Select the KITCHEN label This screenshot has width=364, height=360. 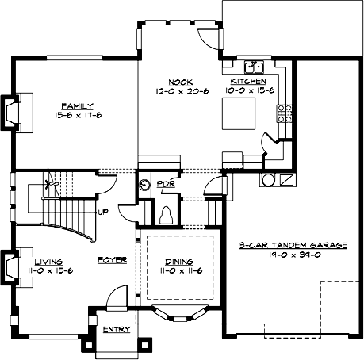click(247, 82)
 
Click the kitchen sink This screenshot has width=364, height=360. click(255, 67)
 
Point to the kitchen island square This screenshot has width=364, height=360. click(238, 113)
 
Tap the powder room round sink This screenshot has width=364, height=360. click(144, 186)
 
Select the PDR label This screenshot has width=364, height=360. click(166, 184)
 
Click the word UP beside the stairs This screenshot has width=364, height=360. click(102, 212)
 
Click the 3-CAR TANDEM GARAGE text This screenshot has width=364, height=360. click(293, 246)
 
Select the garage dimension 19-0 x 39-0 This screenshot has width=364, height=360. click(293, 256)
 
